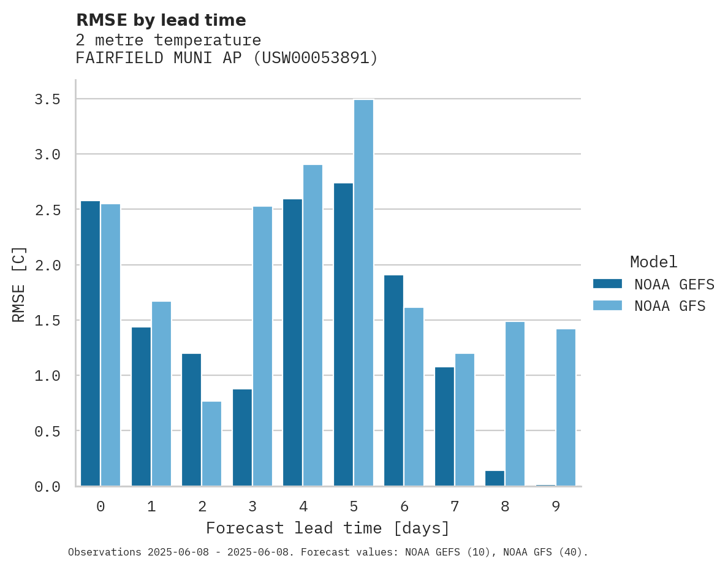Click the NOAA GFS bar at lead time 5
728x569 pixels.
pos(363,292)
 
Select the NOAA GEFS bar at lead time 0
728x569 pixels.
pos(90,343)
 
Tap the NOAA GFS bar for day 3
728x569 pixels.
pos(262,346)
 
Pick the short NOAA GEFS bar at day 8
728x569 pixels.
pos(495,478)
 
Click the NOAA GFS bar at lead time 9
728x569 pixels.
pos(566,407)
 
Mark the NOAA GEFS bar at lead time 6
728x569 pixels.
pos(393,380)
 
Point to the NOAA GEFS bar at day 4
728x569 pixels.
pos(292,342)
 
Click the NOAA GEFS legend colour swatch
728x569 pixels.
pos(607,284)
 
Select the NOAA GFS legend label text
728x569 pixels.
pos(670,305)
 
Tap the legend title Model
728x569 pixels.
pos(653,262)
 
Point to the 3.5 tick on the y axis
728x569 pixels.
pos(47,99)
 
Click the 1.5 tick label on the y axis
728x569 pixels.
pos(47,321)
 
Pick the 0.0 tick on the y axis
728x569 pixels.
pos(47,487)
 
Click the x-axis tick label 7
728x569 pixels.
pos(454,506)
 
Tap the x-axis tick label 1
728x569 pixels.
pos(151,506)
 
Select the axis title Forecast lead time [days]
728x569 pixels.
pos(328,528)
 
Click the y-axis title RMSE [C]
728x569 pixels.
pos(19,284)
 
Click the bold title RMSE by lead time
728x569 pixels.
pos(161,20)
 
